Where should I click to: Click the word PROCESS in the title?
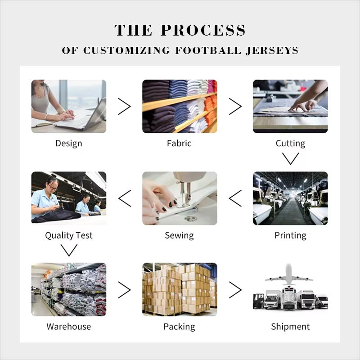tap(203, 30)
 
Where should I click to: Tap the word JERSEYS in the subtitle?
tap(272, 50)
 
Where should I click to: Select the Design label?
tap(69, 144)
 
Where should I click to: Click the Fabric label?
tap(179, 143)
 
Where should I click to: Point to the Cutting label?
tap(290, 144)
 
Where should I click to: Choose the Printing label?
tap(290, 235)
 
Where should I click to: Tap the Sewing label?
tap(179, 235)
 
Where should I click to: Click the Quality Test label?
tap(69, 235)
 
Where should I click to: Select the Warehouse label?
tap(69, 327)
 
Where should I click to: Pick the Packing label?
tap(179, 327)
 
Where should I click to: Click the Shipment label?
tap(290, 327)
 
